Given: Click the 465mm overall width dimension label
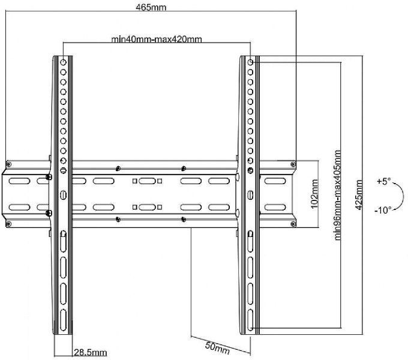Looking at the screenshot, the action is (x=151, y=7).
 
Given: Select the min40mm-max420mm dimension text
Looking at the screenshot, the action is (x=157, y=39).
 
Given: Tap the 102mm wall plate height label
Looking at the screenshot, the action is (x=314, y=194).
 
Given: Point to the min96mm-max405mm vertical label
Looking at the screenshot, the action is (x=337, y=195).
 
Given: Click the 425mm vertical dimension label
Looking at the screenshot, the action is (x=359, y=195).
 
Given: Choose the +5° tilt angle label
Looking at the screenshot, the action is (x=384, y=181).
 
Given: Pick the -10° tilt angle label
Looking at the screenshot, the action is (x=383, y=210).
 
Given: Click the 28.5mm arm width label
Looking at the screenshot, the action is (x=90, y=352).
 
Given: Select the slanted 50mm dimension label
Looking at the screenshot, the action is (x=218, y=348).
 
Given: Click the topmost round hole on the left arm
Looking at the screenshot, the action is (x=63, y=62).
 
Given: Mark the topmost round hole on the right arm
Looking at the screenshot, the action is (x=250, y=62).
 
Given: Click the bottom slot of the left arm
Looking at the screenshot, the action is (x=63, y=320).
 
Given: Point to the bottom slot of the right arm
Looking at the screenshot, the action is (x=250, y=320).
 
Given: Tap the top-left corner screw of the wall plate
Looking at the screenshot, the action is (x=8, y=164).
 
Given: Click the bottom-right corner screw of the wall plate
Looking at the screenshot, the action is (x=293, y=224).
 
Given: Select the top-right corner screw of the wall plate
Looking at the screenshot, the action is (x=293, y=164).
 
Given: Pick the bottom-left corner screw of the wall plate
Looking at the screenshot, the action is (x=8, y=224).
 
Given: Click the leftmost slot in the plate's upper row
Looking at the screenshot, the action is (x=20, y=181).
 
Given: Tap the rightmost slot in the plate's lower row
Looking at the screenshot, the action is (x=275, y=208).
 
